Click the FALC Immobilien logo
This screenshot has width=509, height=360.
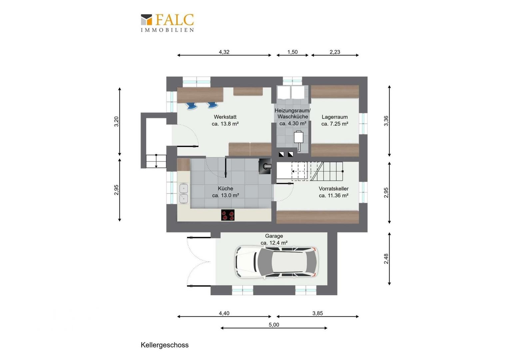coord(167,23)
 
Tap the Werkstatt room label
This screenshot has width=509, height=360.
coord(225,120)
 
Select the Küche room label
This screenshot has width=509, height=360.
coord(226,192)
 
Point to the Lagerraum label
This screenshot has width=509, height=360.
coord(335,120)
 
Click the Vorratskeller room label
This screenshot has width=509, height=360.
coord(333,192)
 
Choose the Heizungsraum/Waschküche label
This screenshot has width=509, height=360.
coord(292,117)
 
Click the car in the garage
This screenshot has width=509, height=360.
coord(276,262)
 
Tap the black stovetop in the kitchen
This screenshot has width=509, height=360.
coord(228,215)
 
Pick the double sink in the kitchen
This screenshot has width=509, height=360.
coord(184,193)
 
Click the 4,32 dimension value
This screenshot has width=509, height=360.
coord(224,52)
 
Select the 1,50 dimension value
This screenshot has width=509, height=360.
coord(292,52)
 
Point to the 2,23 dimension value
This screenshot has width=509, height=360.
coord(335,52)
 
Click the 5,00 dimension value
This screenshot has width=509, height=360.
coord(274,325)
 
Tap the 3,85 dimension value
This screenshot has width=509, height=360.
coord(317,313)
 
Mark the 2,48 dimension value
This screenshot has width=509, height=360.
coord(386,259)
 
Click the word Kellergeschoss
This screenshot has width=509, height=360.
coord(165,345)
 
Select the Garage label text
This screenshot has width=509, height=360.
coord(274,236)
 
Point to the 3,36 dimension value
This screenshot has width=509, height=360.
coord(386,121)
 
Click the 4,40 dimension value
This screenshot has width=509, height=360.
coord(224,313)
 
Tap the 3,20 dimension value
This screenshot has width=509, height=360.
coord(116,121)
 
